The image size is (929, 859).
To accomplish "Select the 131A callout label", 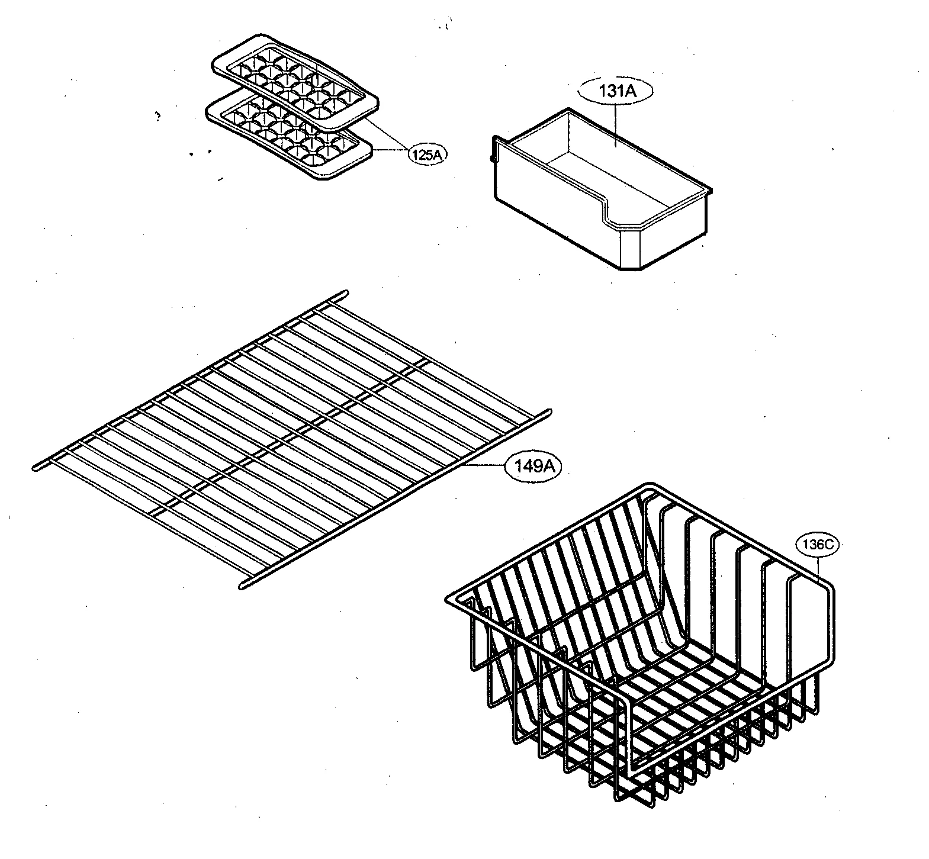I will tap(615, 91).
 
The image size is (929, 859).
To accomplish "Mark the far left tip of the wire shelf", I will tap(34, 468).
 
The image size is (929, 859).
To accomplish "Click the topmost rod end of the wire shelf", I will tap(344, 293).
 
